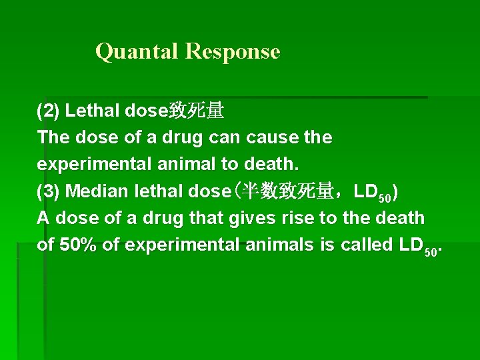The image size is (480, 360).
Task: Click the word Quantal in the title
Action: pos(138,51)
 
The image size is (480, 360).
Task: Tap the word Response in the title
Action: pos(233,51)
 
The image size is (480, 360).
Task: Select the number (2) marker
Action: pos(49,110)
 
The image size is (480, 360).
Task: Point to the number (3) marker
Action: pos(49,191)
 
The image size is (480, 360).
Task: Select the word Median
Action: pos(98,191)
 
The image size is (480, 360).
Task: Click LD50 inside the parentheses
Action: pos(373,193)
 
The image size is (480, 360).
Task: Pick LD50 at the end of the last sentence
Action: pos(417,246)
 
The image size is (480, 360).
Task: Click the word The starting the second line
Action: pos(52,137)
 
